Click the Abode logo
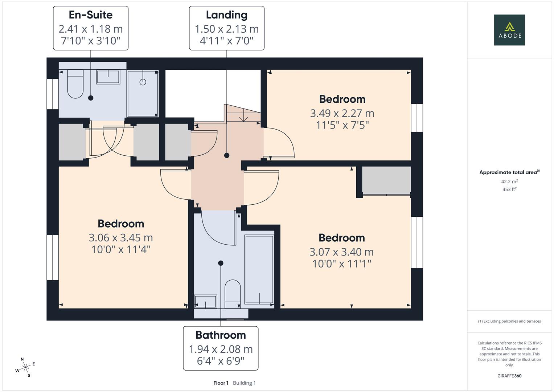(509, 30)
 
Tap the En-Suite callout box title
(91, 15)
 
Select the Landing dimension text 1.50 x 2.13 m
(226, 29)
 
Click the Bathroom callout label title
(221, 335)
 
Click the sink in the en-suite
(108, 77)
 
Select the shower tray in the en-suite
(143, 93)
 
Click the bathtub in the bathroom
(259, 269)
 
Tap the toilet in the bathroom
(233, 293)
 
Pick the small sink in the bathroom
(205, 301)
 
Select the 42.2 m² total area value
(509, 181)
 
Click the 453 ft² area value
(509, 189)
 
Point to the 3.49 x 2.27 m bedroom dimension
(342, 113)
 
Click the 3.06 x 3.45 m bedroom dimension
(121, 238)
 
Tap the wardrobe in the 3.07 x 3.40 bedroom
(386, 180)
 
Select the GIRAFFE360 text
(509, 376)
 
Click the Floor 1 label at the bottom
(221, 383)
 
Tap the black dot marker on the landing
(227, 155)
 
